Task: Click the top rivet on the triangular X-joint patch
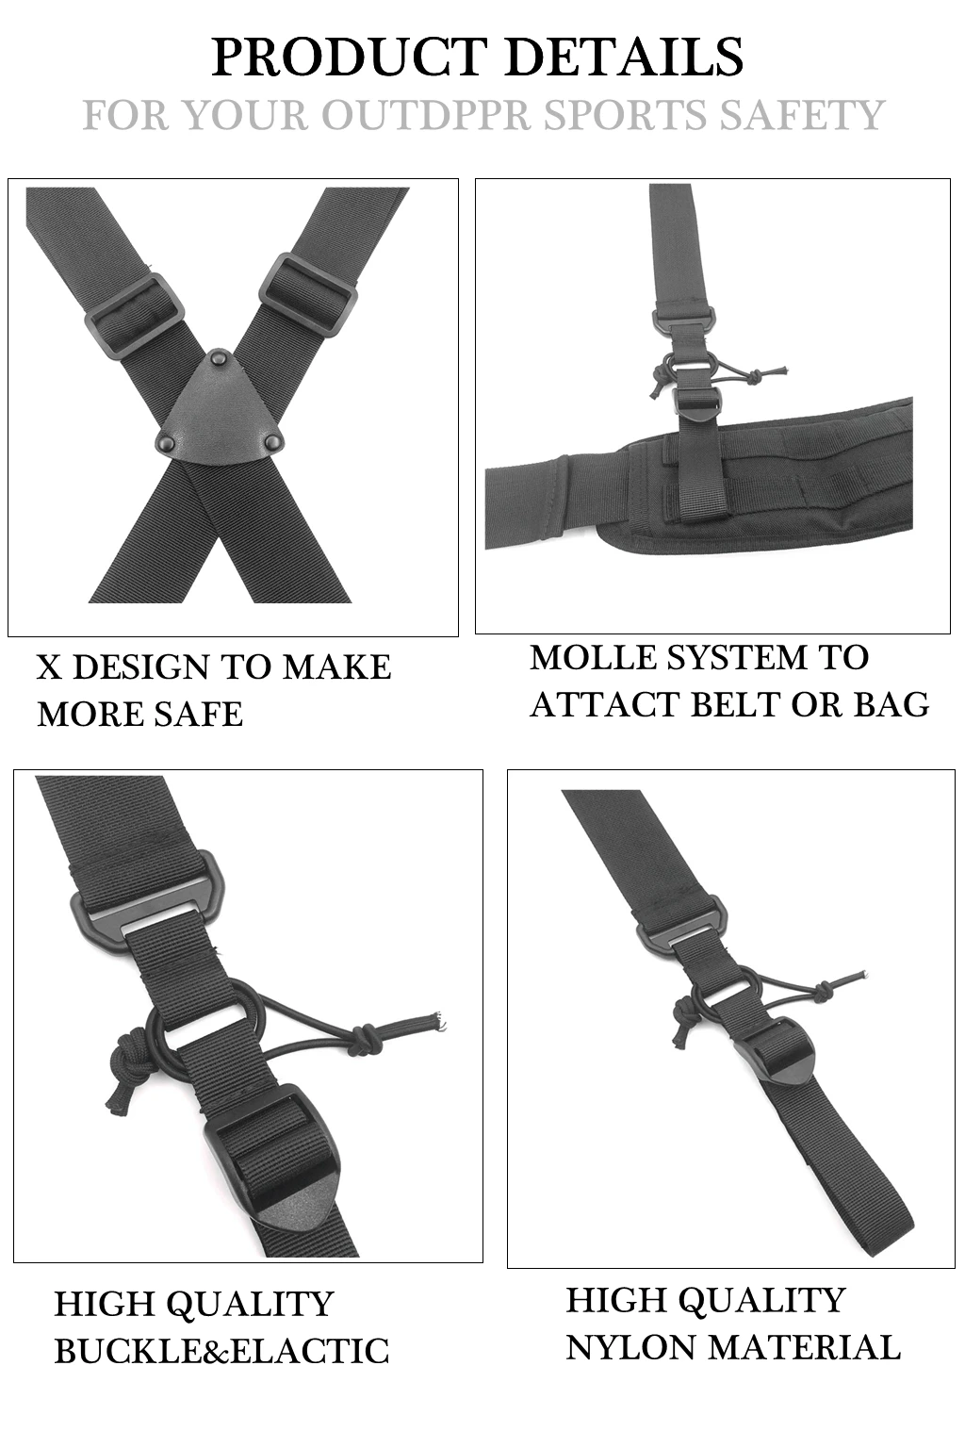tap(218, 356)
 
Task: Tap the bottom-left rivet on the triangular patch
tap(167, 442)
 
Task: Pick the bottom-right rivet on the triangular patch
tap(273, 442)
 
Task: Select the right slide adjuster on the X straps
tap(308, 295)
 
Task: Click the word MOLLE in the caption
tap(594, 657)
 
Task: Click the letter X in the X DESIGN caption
tap(49, 667)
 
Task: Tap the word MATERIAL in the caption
tap(804, 1348)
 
